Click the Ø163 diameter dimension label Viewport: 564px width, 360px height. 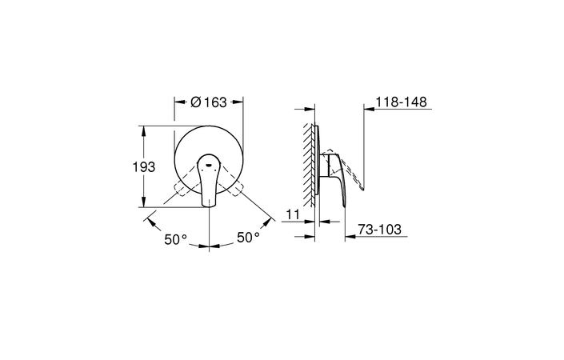(209, 102)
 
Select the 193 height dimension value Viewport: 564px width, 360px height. (144, 167)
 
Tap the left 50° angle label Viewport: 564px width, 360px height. (176, 239)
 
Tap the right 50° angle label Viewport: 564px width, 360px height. (248, 238)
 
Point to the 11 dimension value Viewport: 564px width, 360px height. (293, 214)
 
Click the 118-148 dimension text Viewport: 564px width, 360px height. (401, 102)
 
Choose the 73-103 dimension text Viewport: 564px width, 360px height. (379, 229)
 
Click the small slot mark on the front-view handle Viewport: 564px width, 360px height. (208, 165)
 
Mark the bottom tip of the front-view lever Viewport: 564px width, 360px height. (210, 206)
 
